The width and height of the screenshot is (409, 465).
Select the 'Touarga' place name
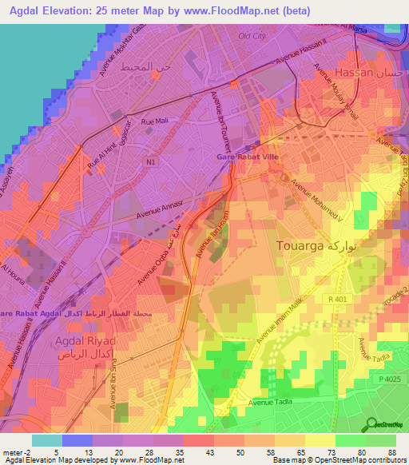tap(300, 245)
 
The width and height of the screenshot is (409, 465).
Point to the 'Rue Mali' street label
tap(153, 121)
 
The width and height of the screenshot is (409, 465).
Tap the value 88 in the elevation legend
tap(391, 452)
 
